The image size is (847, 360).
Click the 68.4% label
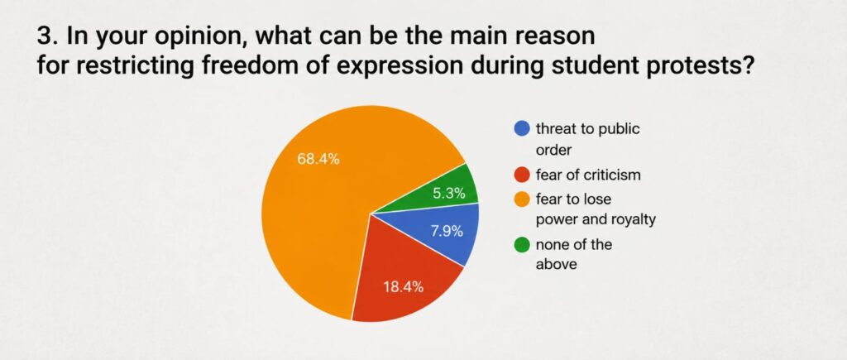click(x=318, y=160)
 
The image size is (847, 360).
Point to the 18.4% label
click(x=404, y=287)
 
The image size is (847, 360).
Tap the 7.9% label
click(x=447, y=232)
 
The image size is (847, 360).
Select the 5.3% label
click(x=449, y=194)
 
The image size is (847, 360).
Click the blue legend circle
click(x=522, y=128)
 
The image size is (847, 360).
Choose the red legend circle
click(x=522, y=175)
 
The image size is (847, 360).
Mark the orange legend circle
click(x=522, y=199)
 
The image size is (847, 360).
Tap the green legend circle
click(x=522, y=244)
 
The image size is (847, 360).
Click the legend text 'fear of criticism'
click(x=588, y=175)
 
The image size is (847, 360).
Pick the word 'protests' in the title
click(x=716, y=66)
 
